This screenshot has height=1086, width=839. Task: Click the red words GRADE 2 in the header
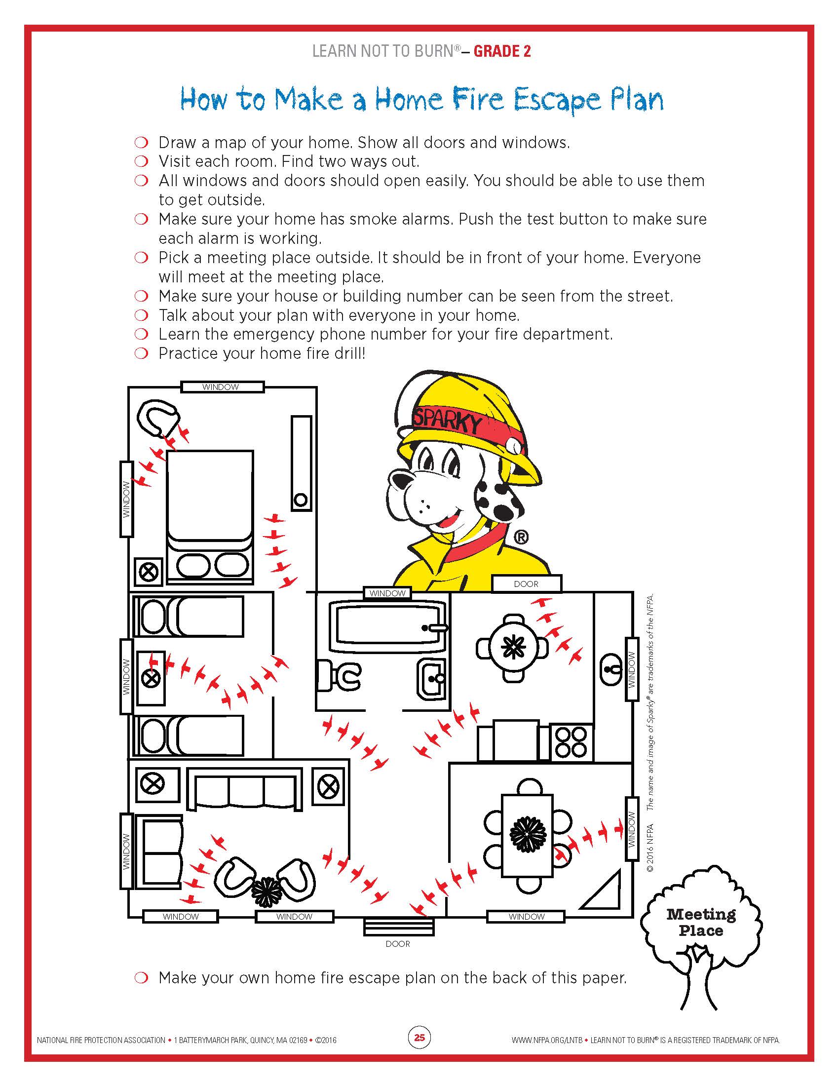pyautogui.click(x=502, y=51)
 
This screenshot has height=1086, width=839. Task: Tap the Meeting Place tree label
pyautogui.click(x=701, y=923)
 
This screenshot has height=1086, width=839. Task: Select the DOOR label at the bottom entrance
pyautogui.click(x=398, y=944)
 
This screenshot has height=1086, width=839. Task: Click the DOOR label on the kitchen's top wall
pyautogui.click(x=526, y=584)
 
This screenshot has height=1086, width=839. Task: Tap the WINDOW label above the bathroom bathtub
pyautogui.click(x=387, y=593)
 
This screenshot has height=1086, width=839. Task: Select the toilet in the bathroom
pyautogui.click(x=341, y=675)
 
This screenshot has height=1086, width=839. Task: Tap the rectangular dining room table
pyautogui.click(x=528, y=835)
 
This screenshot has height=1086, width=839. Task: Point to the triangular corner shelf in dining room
pyautogui.click(x=605, y=892)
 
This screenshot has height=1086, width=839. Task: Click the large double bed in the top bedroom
pyautogui.click(x=210, y=517)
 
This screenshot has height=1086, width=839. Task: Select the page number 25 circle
pyautogui.click(x=419, y=1037)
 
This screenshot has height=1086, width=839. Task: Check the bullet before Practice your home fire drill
pyautogui.click(x=142, y=353)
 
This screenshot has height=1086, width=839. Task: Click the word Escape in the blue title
pyautogui.click(x=557, y=101)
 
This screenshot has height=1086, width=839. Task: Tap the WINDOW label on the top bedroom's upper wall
pyautogui.click(x=221, y=387)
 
